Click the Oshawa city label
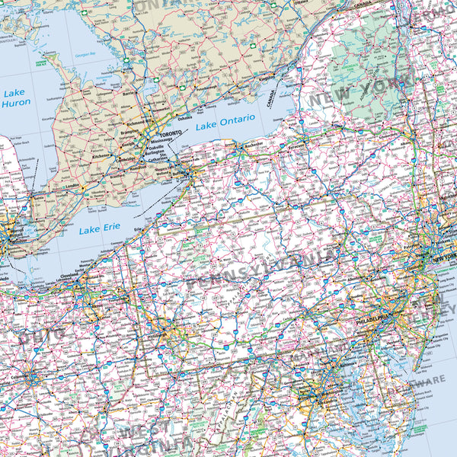[x=185, y=118]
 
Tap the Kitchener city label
[x=101, y=155]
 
